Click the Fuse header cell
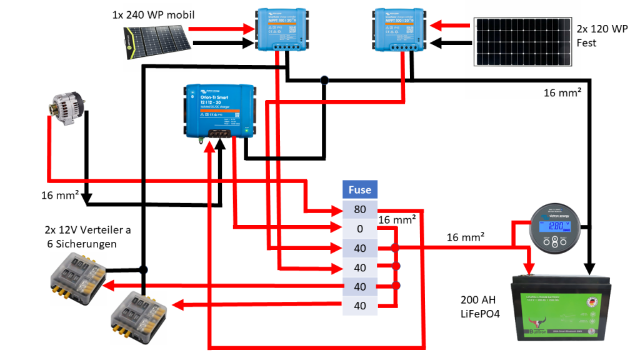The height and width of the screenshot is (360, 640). tap(359, 190)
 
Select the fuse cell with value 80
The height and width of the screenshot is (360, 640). tap(359, 209)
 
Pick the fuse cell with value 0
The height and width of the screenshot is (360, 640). tap(359, 229)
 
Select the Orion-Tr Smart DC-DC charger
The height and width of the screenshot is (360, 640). tap(219, 110)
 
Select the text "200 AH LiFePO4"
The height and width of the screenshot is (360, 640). tap(481, 306)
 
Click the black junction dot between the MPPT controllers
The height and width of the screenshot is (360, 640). tap(324, 80)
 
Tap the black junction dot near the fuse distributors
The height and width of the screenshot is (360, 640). tap(144, 269)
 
